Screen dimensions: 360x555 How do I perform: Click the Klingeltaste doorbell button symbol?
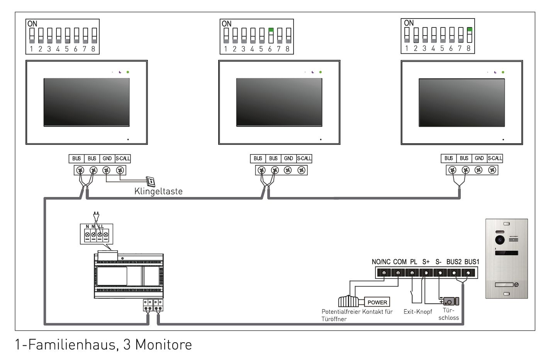pos(150,181)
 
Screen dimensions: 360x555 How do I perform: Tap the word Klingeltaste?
pos(158,191)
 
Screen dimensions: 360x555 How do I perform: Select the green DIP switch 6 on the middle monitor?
pos(271,30)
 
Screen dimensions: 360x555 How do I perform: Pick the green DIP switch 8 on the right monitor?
pos(469,29)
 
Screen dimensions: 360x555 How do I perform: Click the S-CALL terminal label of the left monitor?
pos(123,158)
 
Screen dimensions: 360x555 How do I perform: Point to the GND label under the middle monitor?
pos(289,158)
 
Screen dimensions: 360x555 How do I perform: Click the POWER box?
pos(377,302)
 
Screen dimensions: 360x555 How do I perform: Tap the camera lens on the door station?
pos(501,240)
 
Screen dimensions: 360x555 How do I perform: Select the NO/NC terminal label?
pos(381,262)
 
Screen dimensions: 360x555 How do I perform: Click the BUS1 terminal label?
pos(472,262)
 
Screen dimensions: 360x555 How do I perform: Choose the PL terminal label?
pos(413,262)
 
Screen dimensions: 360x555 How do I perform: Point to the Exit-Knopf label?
pos(418,311)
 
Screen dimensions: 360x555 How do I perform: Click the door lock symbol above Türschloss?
pos(450,301)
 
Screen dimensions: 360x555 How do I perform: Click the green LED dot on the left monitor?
pos(128,72)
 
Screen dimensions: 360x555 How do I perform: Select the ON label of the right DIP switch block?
pos(409,23)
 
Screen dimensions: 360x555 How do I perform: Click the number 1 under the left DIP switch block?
pos(31,49)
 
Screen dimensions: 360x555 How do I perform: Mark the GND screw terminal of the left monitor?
pos(107,170)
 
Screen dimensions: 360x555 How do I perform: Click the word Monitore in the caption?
pos(163,344)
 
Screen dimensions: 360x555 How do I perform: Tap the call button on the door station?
pos(506,285)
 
